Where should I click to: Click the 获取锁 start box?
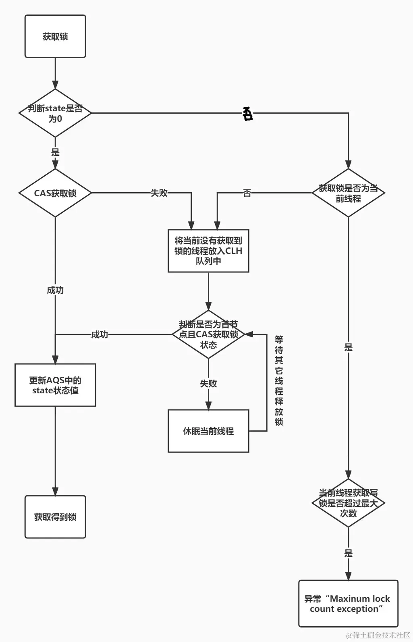(55, 36)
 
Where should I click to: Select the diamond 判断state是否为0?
(55, 113)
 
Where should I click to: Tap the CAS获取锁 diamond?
(55, 193)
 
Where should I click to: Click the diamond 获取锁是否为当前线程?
(348, 193)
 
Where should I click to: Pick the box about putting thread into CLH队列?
(208, 251)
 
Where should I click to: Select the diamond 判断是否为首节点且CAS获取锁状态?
(208, 335)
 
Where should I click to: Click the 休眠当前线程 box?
(208, 431)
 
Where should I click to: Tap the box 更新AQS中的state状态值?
(55, 385)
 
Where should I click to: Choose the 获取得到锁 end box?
(55, 517)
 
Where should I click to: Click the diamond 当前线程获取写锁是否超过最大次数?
(348, 503)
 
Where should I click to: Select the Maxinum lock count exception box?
(348, 604)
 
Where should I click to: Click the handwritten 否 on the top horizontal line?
(247, 114)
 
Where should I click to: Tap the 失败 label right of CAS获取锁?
(159, 193)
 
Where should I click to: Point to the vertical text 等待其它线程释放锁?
(279, 380)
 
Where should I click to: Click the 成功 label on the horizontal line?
(100, 335)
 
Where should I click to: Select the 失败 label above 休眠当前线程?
(208, 383)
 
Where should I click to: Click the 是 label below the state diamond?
(55, 152)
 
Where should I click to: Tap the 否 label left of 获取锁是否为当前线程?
(247, 193)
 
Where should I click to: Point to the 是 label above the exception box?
(348, 553)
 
